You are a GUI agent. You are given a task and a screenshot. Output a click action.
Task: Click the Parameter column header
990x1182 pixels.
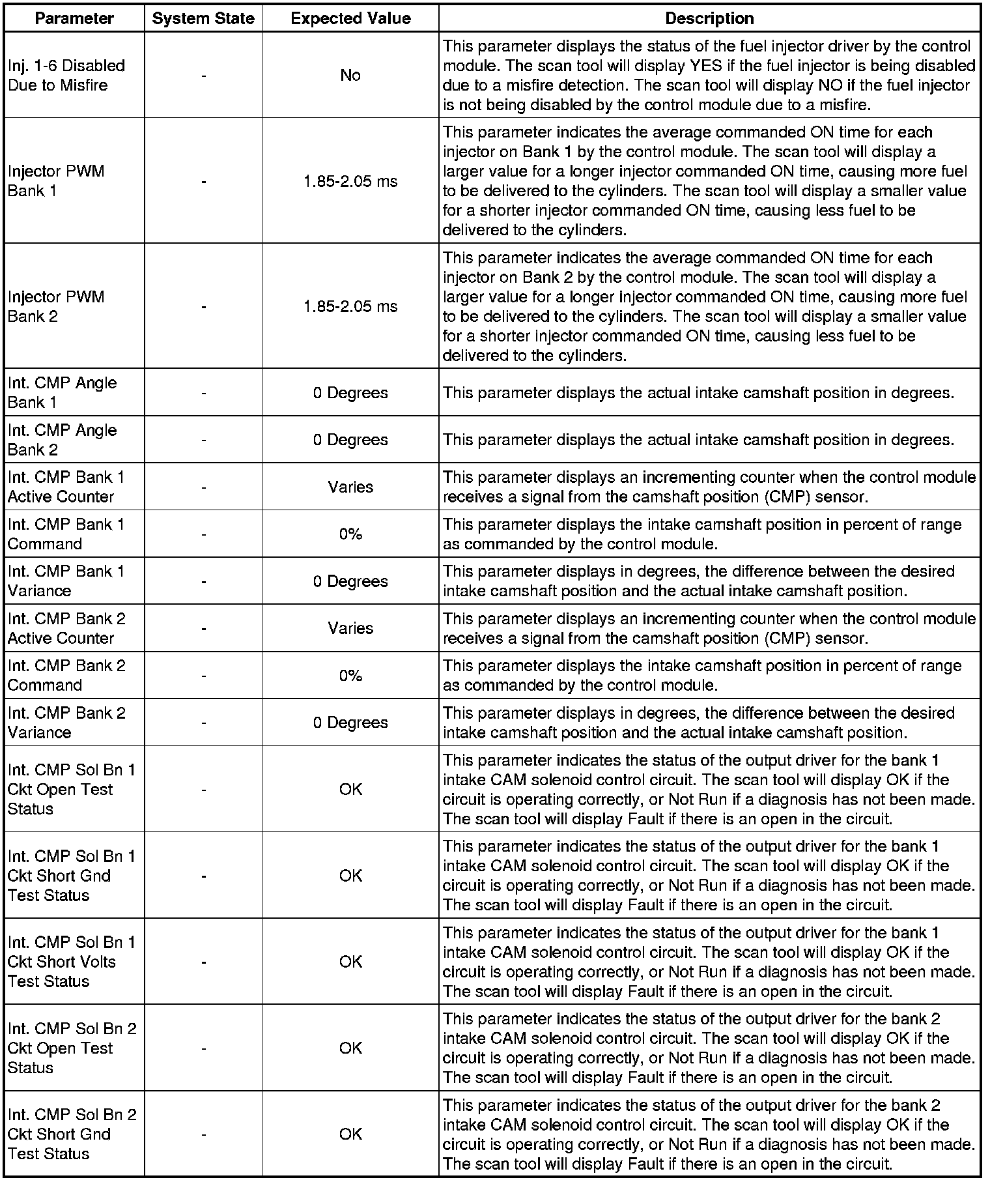pos(74,18)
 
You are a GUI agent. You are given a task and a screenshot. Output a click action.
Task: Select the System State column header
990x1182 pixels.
pos(203,18)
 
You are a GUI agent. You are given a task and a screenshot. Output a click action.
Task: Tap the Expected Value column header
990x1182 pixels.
pos(350,18)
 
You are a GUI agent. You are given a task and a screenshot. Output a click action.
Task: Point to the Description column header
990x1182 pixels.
pos(709,18)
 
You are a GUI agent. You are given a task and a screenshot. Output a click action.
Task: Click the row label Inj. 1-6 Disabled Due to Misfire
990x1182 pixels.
pos(66,75)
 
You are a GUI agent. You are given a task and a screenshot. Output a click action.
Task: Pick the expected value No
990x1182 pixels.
pos(350,76)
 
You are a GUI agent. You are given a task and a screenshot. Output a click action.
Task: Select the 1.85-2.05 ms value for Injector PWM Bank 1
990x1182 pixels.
pos(350,181)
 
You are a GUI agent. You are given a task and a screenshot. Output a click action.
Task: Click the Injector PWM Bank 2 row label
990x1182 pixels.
pos(56,306)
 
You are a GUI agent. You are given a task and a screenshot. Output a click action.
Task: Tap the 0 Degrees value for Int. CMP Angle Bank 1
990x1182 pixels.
pos(350,393)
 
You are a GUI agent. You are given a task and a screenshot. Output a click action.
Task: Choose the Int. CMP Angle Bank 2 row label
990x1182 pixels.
pos(62,440)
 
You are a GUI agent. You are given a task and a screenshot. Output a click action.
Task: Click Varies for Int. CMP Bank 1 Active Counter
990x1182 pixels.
pos(350,487)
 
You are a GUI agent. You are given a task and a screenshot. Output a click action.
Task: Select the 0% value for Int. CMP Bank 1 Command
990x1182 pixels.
pos(350,534)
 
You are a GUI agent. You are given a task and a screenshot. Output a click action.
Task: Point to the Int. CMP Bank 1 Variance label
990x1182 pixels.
pos(66,581)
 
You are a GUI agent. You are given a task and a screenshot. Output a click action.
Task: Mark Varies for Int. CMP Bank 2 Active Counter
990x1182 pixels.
pos(350,628)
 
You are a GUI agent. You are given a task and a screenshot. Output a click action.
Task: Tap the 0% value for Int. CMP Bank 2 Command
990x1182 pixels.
pos(350,676)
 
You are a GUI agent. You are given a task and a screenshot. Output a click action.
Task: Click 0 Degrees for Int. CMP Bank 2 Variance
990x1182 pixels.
pos(350,723)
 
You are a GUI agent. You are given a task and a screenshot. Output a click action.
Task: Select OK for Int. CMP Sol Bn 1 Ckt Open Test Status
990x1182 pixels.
pos(350,789)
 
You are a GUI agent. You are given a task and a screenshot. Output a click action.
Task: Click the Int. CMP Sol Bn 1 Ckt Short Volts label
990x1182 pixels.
pos(72,962)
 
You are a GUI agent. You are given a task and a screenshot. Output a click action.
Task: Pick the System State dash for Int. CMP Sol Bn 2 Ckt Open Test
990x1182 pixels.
pos(204,1048)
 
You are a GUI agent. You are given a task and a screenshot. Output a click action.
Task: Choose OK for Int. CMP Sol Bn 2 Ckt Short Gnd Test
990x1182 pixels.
pos(350,1134)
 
